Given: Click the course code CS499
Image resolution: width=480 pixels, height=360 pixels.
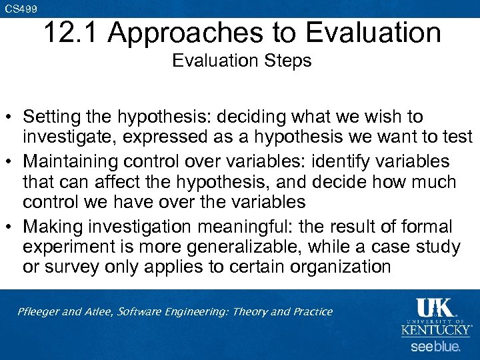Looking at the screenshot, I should pos(21,9).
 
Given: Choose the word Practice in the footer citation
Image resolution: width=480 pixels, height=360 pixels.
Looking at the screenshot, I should pos(309,311).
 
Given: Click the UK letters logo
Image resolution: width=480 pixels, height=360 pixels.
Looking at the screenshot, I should pos(435,309).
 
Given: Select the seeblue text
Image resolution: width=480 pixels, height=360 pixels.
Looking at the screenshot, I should pos(435,347).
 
